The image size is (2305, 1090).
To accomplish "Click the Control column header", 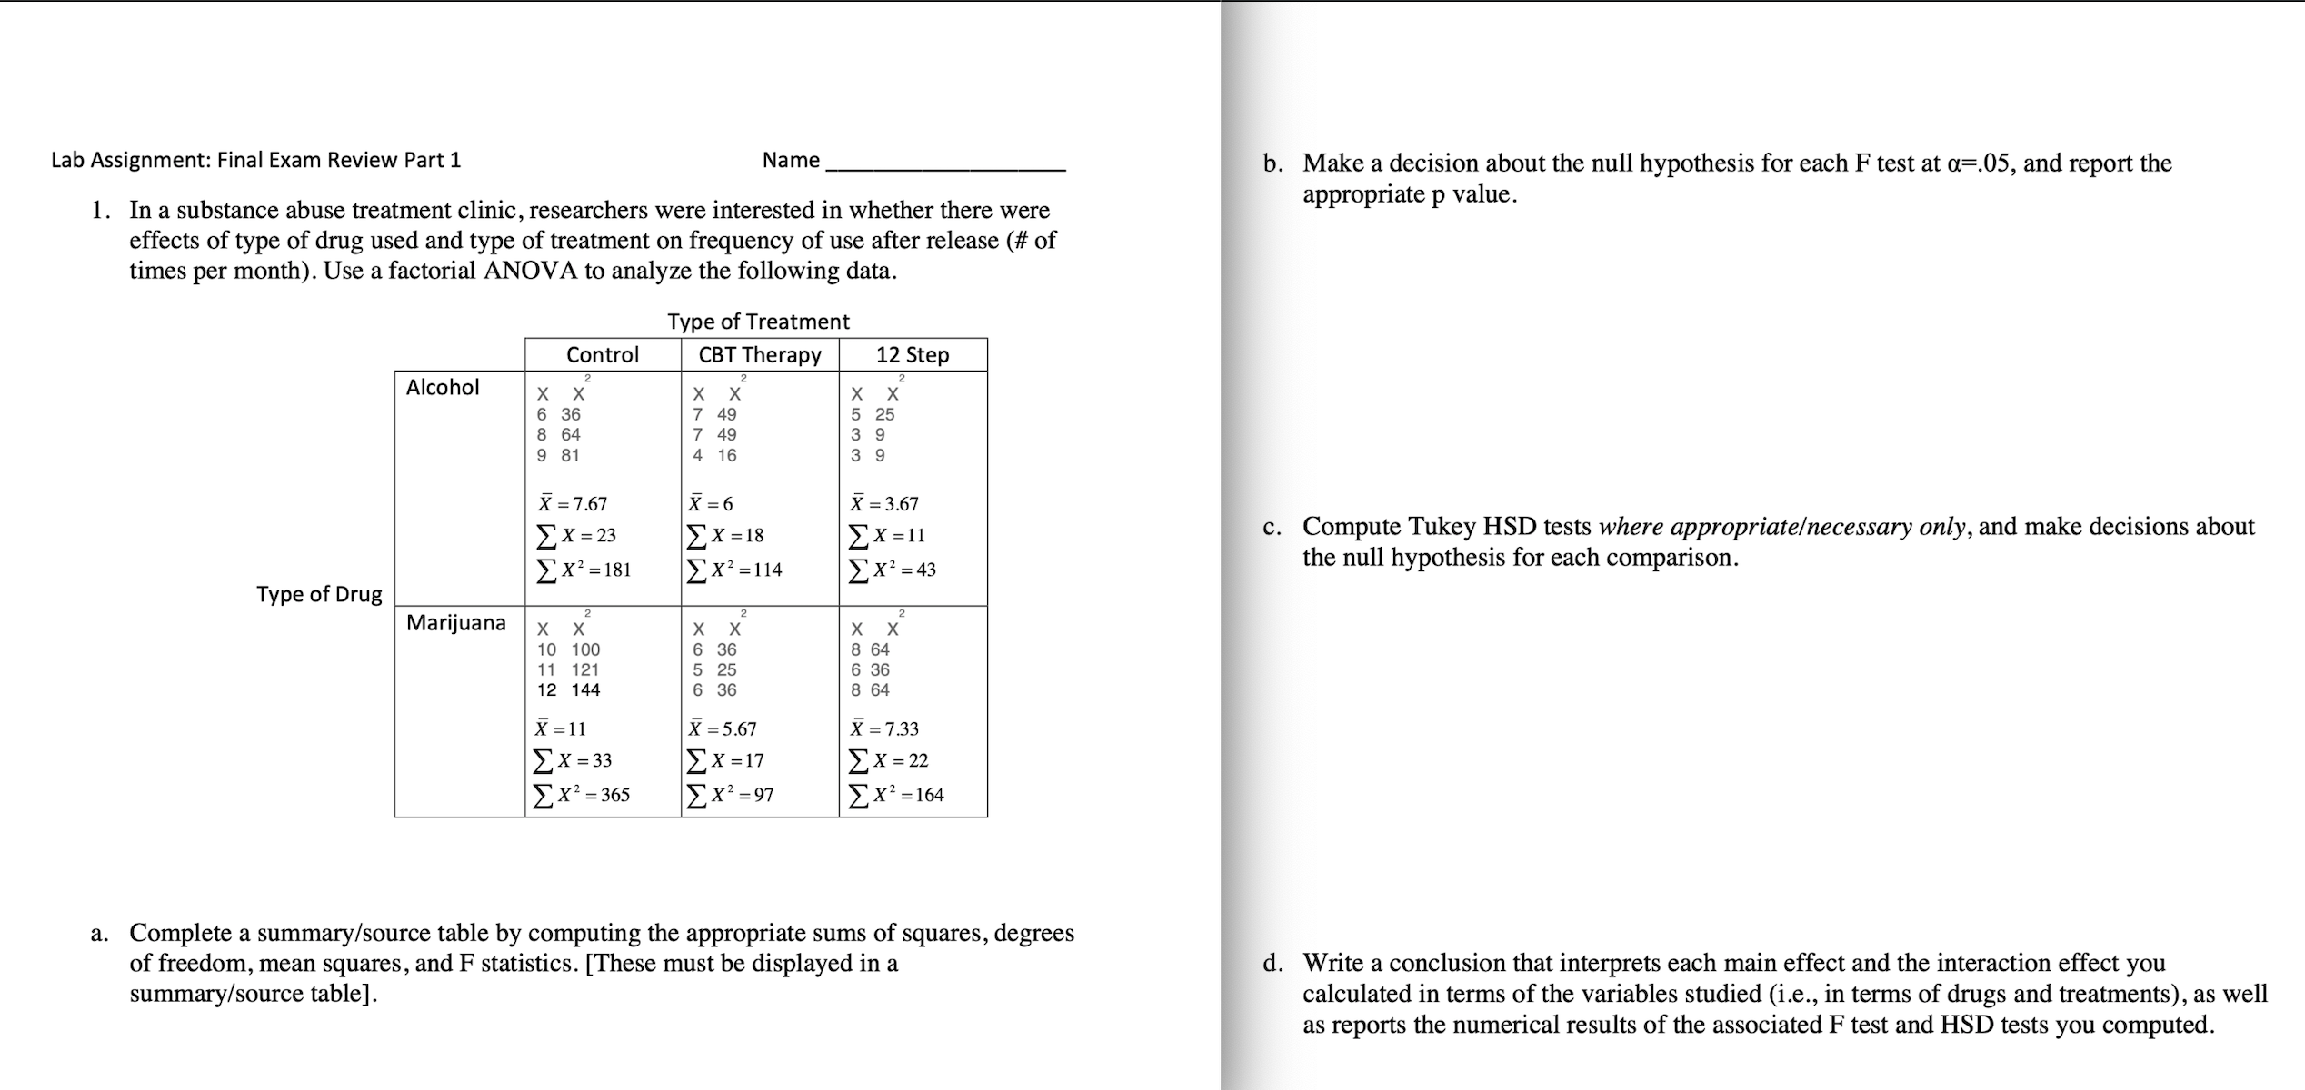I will point(602,354).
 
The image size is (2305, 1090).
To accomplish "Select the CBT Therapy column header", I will point(760,354).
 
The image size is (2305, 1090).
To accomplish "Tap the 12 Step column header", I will point(913,354).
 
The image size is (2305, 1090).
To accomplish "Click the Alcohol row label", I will point(443,387).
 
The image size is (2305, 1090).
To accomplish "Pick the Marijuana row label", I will point(456,622).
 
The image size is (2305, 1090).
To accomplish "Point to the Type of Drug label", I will point(319,594).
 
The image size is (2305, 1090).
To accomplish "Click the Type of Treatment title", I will point(758,322).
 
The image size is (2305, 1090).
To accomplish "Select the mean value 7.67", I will point(573,503).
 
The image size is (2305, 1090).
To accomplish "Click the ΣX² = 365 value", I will point(582,795).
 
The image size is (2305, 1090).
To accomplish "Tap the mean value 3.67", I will point(884,503).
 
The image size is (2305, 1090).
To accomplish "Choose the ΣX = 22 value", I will point(888,760).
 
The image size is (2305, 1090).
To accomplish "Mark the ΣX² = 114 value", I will point(734,570).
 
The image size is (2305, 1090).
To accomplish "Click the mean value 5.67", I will point(723,728).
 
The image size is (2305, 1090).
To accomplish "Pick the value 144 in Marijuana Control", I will point(585,689).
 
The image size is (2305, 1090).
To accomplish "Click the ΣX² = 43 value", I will point(892,570).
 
